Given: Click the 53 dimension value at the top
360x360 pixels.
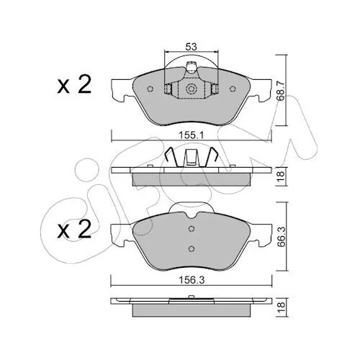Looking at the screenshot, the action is tap(191, 47).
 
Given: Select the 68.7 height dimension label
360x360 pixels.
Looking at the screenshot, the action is tap(282, 91).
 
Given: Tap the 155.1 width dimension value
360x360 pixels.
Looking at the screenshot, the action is tap(192, 135).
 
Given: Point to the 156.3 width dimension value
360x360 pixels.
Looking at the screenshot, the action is tap(192, 280).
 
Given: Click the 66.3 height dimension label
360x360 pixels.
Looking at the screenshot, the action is tap(282, 237).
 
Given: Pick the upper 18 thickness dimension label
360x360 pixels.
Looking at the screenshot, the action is tap(282, 176).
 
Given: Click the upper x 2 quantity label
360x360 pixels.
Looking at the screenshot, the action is tap(74, 84).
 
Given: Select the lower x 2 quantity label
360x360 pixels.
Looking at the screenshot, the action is tap(74, 229).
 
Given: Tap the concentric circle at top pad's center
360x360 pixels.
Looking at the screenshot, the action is tap(192, 89).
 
